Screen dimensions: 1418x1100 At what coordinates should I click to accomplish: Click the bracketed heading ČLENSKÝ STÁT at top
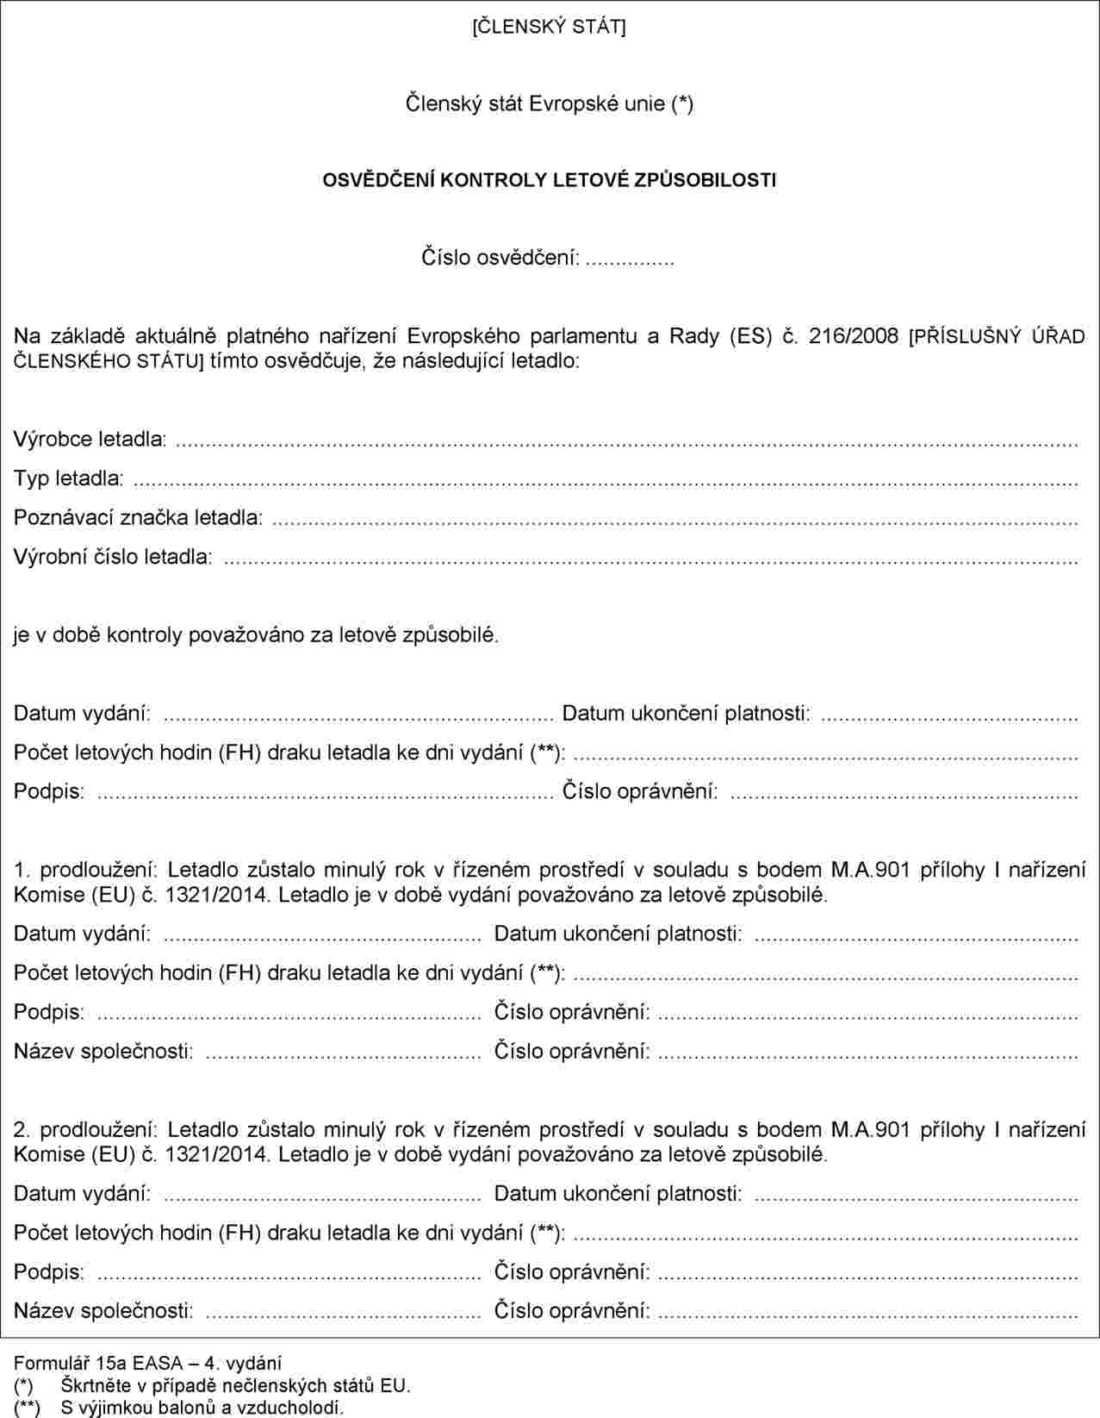click(x=549, y=27)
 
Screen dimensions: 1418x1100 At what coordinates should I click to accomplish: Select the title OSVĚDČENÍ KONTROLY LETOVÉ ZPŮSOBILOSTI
click(x=549, y=180)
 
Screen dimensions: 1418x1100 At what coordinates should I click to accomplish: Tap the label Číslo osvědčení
click(x=500, y=258)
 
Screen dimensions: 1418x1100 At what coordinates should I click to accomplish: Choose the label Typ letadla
click(x=68, y=478)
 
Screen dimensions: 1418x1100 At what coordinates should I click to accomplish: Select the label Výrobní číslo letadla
click(x=112, y=557)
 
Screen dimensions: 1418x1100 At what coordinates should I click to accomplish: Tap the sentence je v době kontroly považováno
click(x=256, y=635)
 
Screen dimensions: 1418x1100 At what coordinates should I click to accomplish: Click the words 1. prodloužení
click(x=85, y=870)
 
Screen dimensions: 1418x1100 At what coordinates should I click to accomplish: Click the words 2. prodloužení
click(x=85, y=1130)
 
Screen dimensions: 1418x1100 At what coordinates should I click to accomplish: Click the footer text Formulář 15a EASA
click(x=147, y=1363)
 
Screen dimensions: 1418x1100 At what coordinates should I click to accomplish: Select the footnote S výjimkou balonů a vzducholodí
click(x=202, y=1409)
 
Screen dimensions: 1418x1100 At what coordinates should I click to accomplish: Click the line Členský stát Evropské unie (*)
click(x=549, y=103)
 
